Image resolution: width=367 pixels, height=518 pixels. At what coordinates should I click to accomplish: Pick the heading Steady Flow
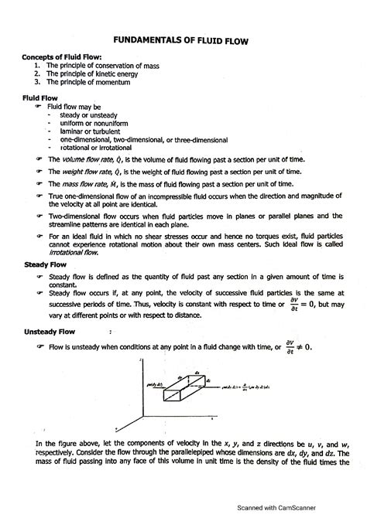tap(46, 264)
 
